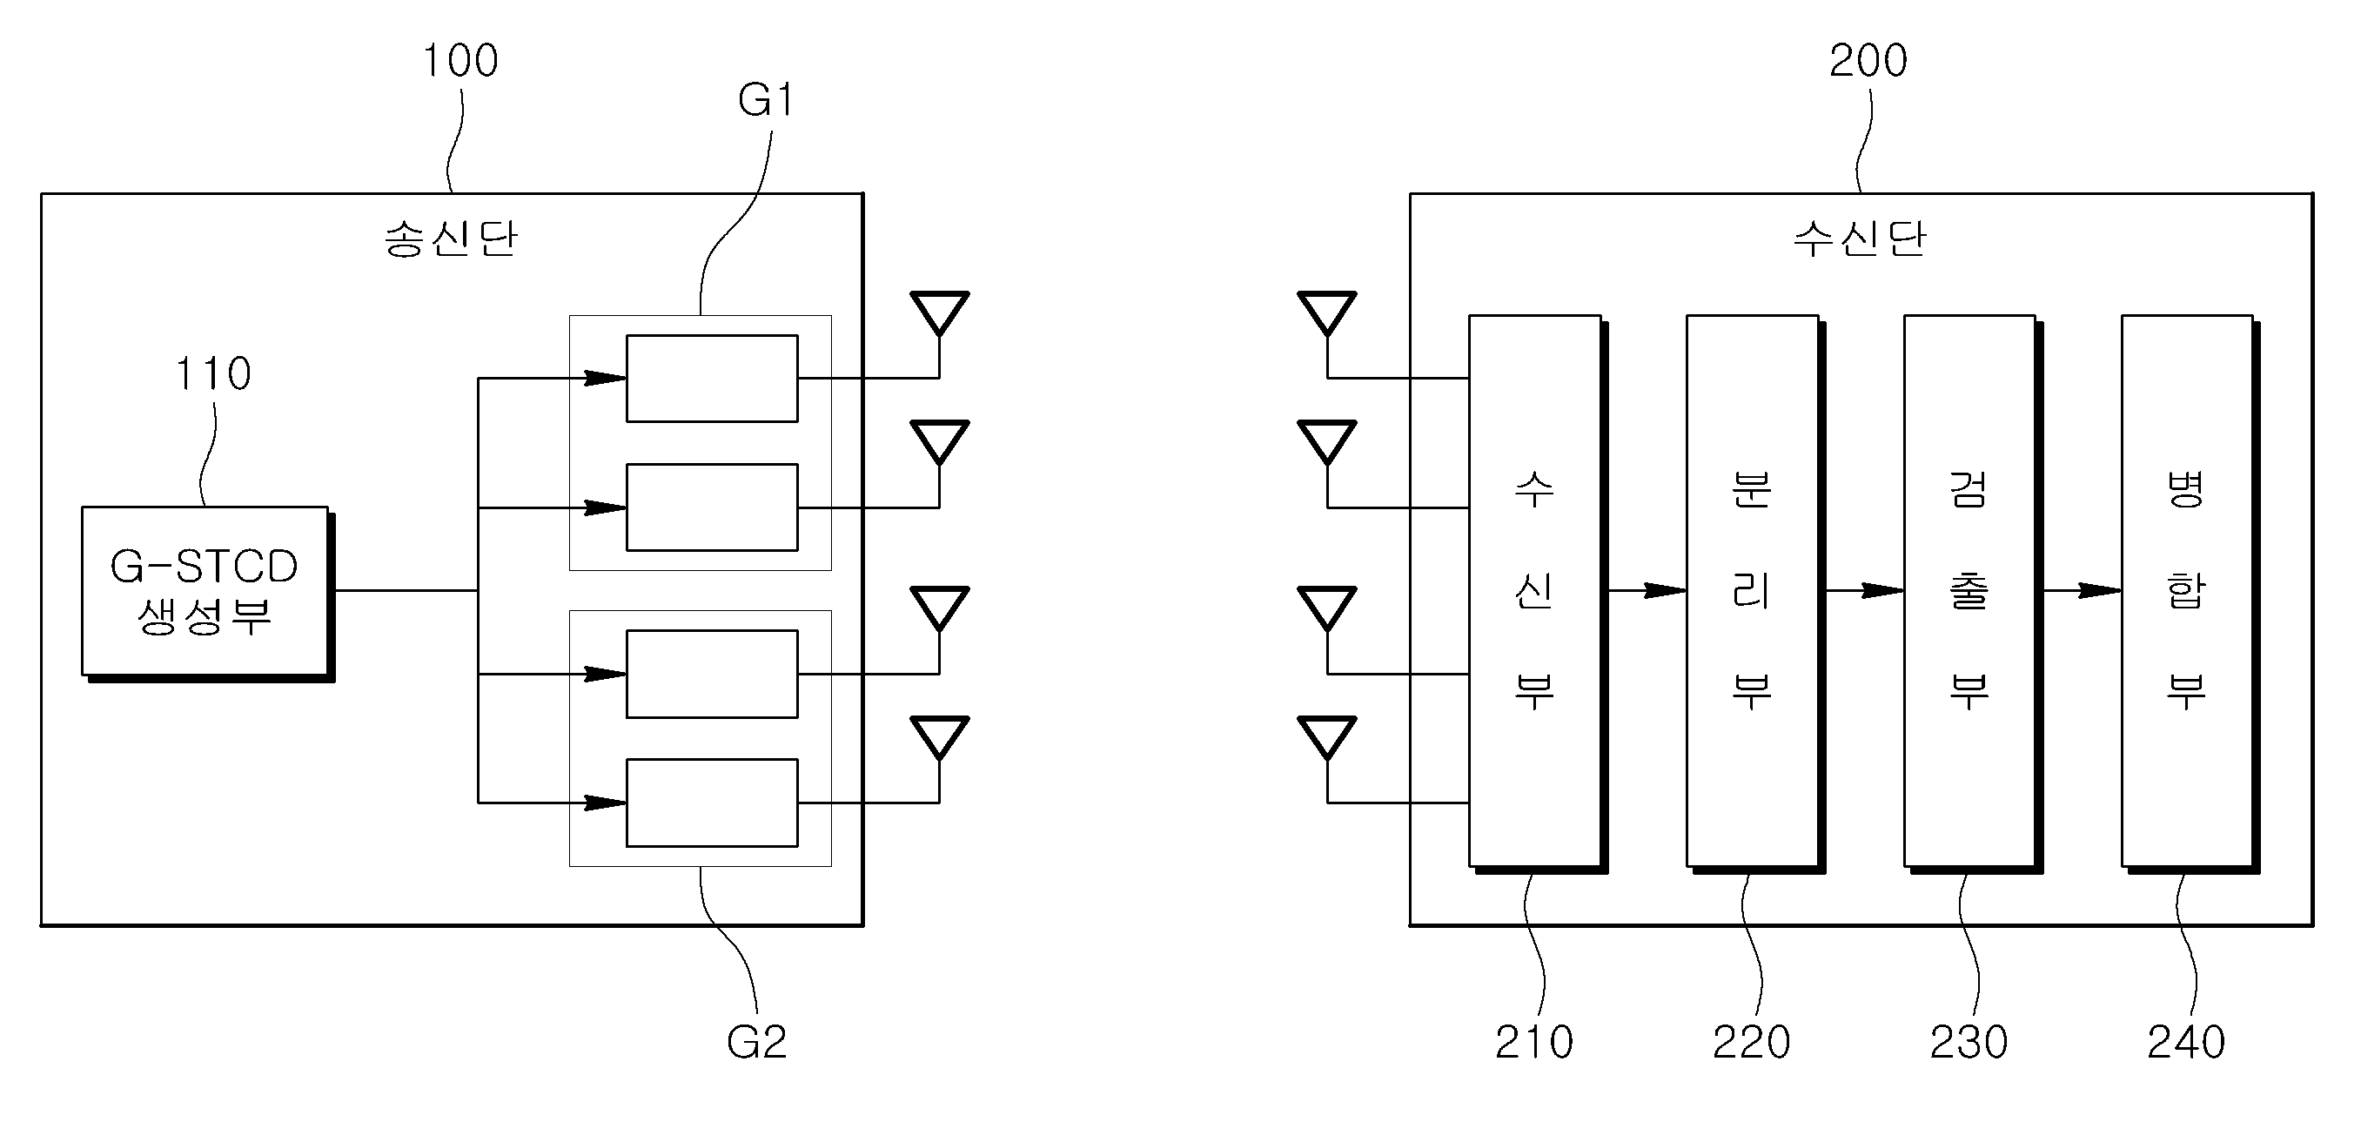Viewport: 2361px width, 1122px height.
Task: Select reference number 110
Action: (x=212, y=374)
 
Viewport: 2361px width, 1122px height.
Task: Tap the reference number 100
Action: (x=460, y=61)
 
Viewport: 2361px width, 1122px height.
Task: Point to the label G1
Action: (x=766, y=100)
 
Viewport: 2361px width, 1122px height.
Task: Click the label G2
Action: (x=757, y=1041)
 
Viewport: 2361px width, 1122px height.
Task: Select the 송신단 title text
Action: (x=451, y=239)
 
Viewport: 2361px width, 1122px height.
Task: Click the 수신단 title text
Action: (x=1860, y=239)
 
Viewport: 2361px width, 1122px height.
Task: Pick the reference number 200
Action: (x=1868, y=61)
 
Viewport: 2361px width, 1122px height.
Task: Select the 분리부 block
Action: (x=1755, y=594)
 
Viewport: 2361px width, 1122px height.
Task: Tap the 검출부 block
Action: (x=1972, y=594)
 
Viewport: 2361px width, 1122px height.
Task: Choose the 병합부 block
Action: (x=2190, y=594)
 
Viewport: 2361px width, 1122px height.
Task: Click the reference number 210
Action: (x=1534, y=1041)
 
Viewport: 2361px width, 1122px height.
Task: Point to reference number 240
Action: (x=2186, y=1041)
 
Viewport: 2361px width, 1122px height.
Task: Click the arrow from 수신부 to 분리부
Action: (x=1647, y=590)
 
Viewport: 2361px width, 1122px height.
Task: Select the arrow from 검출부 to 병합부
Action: (x=2083, y=590)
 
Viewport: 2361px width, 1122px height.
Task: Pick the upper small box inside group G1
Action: (x=712, y=379)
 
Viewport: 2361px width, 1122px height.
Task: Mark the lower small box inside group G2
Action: (x=712, y=803)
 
